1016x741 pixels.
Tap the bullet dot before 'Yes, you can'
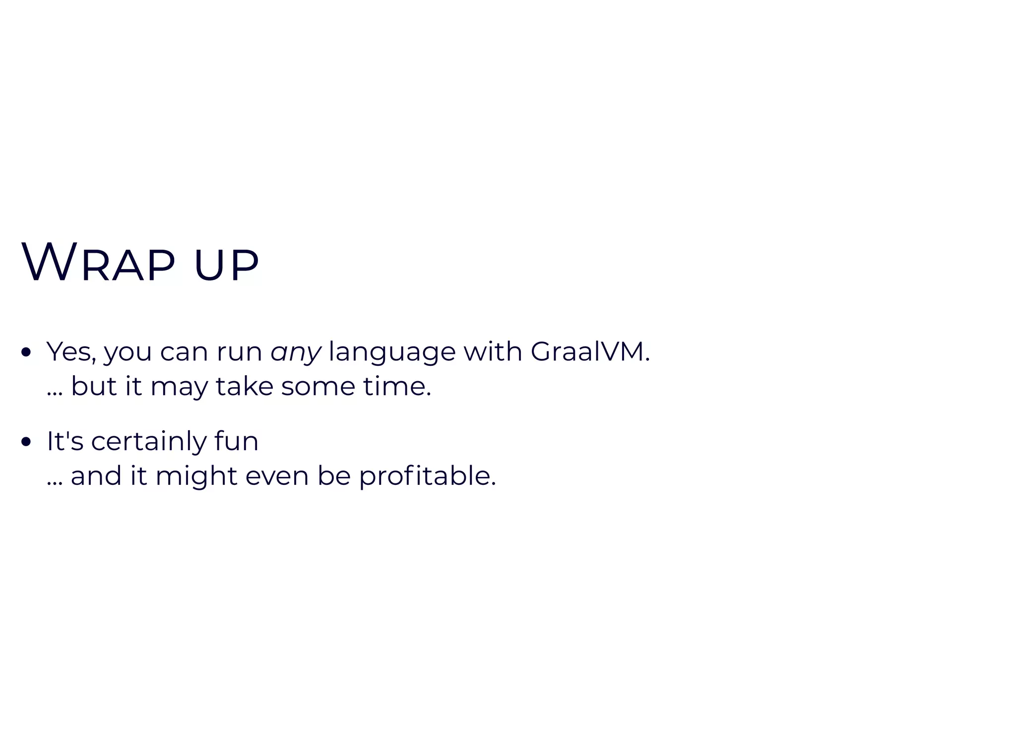tap(27, 352)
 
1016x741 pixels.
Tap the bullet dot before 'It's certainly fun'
tap(27, 442)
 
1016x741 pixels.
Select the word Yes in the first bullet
tap(71, 352)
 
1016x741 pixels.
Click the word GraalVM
tap(589, 352)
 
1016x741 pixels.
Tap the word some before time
tap(318, 387)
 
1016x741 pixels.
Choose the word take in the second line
tap(245, 386)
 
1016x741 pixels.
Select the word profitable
tap(427, 476)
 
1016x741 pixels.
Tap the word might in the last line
tap(196, 476)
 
